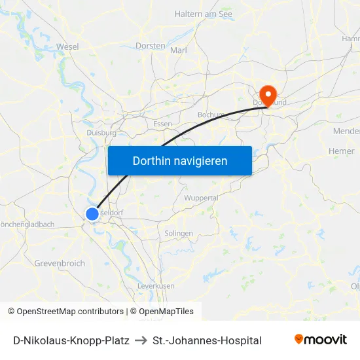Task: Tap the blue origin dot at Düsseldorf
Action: pyautogui.click(x=92, y=213)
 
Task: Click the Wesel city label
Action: pyautogui.click(x=67, y=46)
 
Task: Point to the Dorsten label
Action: pyautogui.click(x=150, y=46)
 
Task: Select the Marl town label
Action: pyautogui.click(x=179, y=50)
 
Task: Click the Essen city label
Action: pyautogui.click(x=162, y=124)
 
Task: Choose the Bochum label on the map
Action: pyautogui.click(x=211, y=115)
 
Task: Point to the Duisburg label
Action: pyautogui.click(x=101, y=132)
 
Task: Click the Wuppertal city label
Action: pyautogui.click(x=201, y=198)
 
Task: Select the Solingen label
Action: pyautogui.click(x=179, y=233)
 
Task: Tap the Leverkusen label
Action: pyautogui.click(x=156, y=286)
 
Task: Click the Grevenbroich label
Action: pyautogui.click(x=60, y=263)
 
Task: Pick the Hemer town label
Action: pyautogui.click(x=341, y=151)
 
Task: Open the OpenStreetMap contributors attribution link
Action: pyautogui.click(x=70, y=312)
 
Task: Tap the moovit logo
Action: pyautogui.click(x=321, y=340)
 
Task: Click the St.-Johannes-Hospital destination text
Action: pyautogui.click(x=207, y=340)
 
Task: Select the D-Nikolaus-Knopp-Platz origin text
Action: pyautogui.click(x=71, y=340)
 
